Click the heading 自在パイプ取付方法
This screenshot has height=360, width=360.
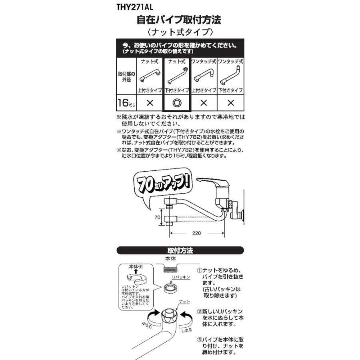tap(179, 19)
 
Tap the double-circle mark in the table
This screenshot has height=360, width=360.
tap(177, 103)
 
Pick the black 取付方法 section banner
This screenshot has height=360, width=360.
tap(180, 251)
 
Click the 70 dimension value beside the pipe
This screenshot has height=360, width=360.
tap(158, 218)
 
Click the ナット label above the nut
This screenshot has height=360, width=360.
tap(185, 301)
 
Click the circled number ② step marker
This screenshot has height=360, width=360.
tap(199, 311)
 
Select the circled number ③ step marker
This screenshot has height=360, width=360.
tap(199, 340)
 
